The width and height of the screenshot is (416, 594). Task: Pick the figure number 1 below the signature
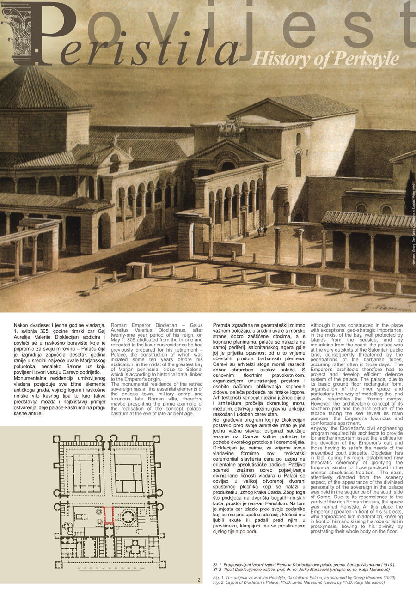point(410,307)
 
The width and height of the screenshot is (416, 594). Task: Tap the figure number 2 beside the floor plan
point(199,580)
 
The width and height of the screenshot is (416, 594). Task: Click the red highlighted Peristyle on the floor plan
point(109,516)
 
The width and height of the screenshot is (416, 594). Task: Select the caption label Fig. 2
point(218,582)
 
